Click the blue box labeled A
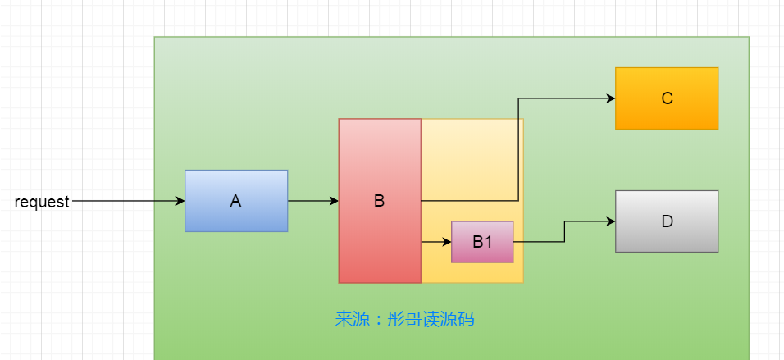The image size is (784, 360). [236, 201]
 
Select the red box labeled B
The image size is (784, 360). [380, 201]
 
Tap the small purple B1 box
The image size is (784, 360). [482, 242]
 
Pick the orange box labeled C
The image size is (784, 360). [667, 98]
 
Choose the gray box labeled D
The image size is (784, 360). [667, 221]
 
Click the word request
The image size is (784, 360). [42, 202]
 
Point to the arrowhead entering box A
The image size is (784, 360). [180, 201]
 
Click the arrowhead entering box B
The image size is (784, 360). [334, 201]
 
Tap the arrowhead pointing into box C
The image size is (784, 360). [610, 98]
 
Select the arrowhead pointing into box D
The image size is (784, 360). [610, 221]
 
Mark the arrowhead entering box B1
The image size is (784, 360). [447, 242]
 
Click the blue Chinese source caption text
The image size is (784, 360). [404, 319]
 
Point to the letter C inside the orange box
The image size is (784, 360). [667, 98]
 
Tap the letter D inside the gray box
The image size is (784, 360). [667, 221]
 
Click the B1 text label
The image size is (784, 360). [482, 242]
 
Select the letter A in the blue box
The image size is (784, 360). [236, 201]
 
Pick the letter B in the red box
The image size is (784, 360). [380, 201]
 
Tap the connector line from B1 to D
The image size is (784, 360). [564, 232]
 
